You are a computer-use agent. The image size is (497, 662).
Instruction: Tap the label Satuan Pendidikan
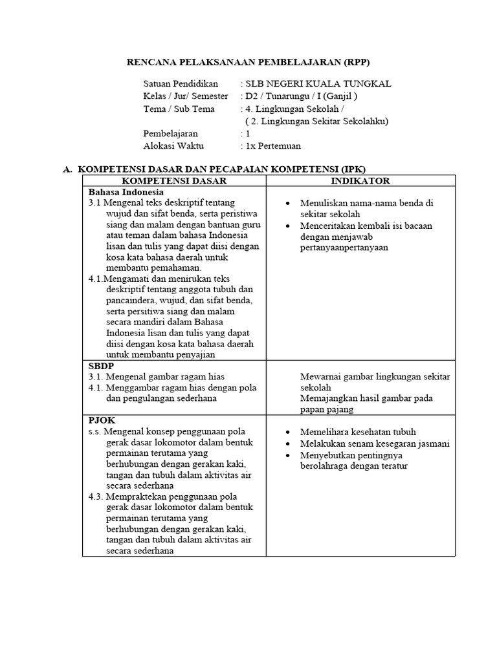[x=181, y=84]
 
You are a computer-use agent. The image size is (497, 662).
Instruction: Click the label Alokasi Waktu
[x=173, y=146]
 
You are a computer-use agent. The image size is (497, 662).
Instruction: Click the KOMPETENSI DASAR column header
[x=172, y=181]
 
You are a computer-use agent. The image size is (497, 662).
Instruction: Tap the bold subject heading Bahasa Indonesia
[x=126, y=192]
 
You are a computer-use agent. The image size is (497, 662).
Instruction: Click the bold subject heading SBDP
[x=101, y=365]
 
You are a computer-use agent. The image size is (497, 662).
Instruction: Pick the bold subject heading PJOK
[x=102, y=420]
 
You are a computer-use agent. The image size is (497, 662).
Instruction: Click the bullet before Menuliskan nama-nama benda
[x=287, y=204]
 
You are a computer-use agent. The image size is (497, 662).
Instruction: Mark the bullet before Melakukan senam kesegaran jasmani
[x=287, y=444]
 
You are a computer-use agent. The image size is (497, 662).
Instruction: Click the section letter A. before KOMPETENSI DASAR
[x=67, y=169]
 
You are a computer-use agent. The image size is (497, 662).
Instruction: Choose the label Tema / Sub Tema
[x=179, y=109]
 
